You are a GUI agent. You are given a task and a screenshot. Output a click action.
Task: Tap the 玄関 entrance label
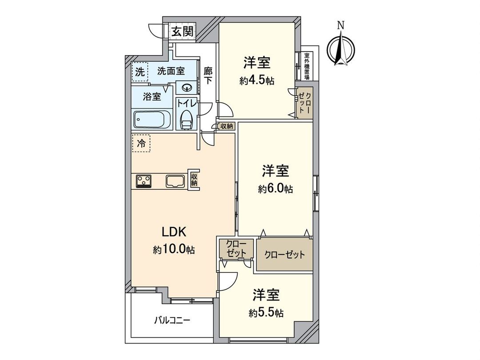pos(182,32)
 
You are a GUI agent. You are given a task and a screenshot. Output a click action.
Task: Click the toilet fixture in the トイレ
pos(186,119)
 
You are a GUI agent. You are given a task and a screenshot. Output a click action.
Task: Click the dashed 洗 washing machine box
pos(140,73)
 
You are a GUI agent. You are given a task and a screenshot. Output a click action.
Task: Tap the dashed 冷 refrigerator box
pos(141,144)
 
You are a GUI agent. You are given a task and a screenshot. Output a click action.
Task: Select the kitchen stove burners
pos(144,181)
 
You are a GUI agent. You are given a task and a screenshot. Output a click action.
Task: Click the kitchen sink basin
pos(175,181)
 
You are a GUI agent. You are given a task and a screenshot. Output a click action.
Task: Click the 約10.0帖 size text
pos(174,250)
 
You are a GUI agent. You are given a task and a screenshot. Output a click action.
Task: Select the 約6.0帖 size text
pos(276,189)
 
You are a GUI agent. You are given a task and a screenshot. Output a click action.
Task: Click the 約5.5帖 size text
pos(266,313)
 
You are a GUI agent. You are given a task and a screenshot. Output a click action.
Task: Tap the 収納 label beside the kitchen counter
pos(194,180)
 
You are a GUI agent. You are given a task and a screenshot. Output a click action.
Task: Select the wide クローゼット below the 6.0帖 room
pos(284,255)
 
